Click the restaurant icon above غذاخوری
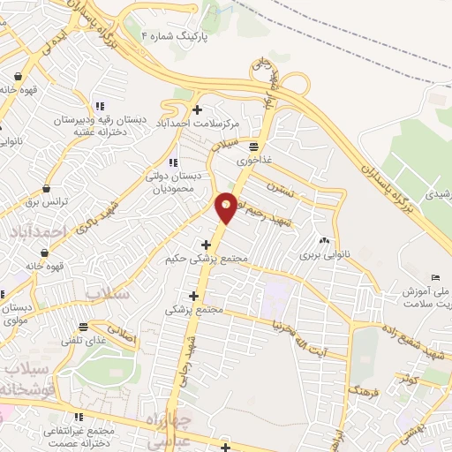click(x=253, y=147)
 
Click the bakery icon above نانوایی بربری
click(x=323, y=239)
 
